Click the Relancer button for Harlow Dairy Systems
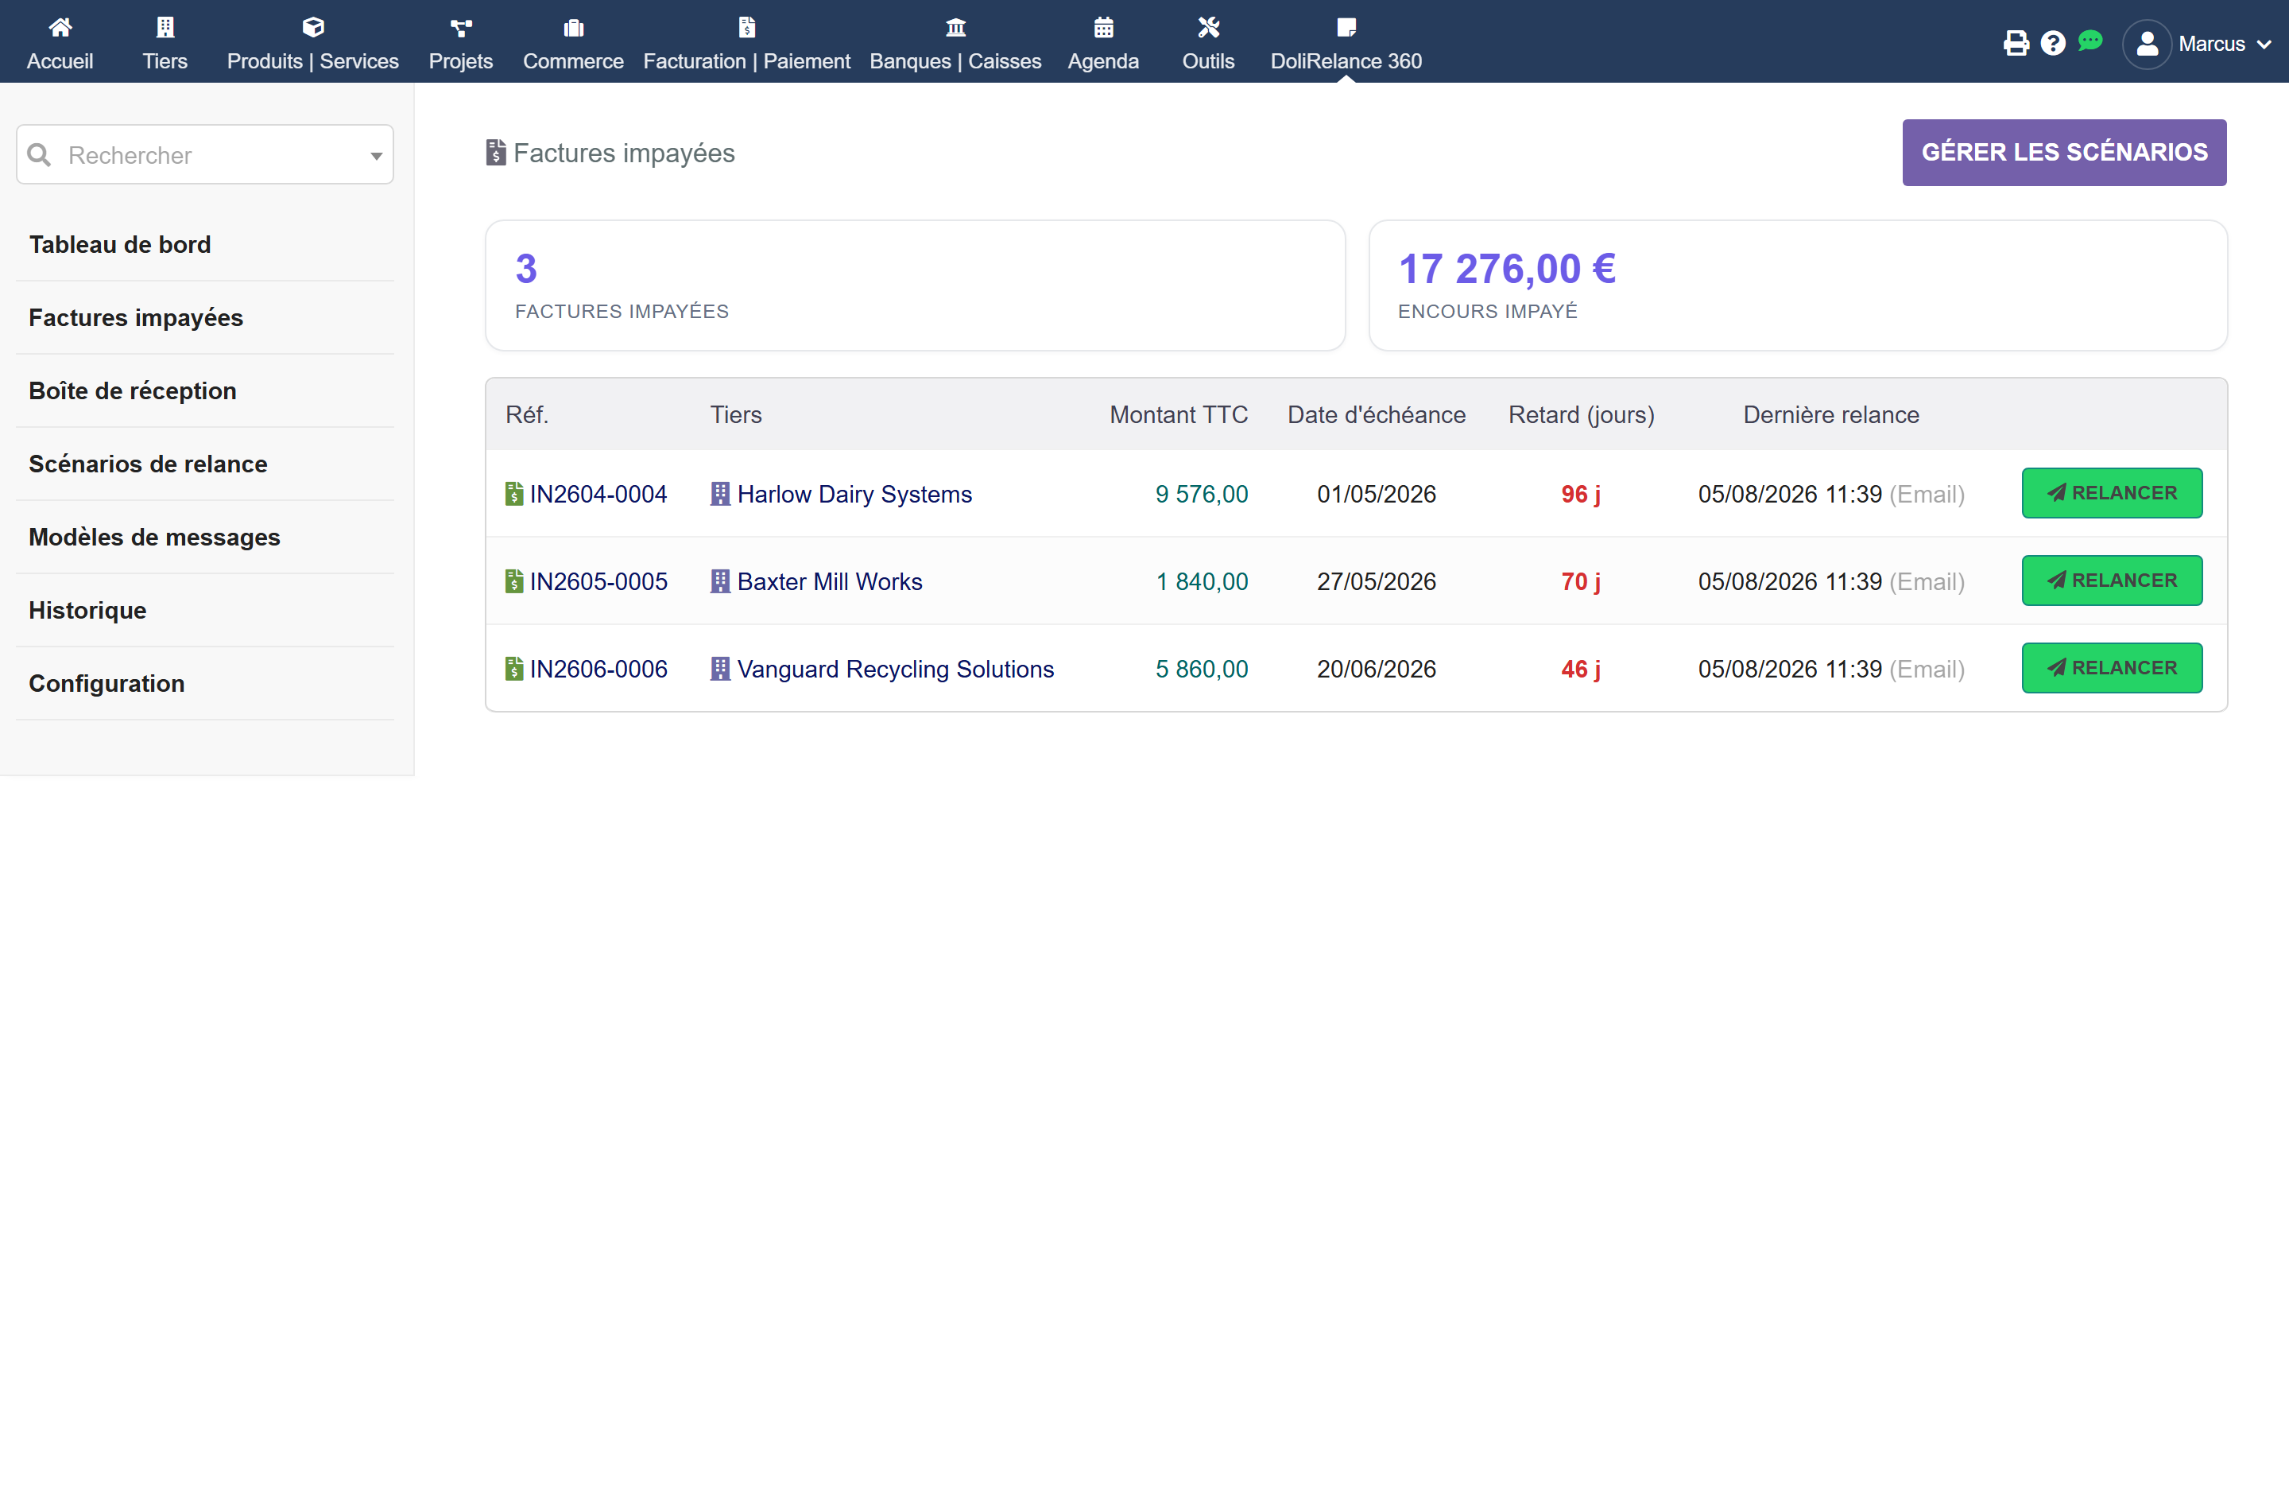[x=2111, y=492]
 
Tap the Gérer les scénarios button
[x=2064, y=152]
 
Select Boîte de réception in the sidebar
[x=133, y=390]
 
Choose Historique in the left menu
[x=87, y=610]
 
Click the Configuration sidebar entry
[x=107, y=683]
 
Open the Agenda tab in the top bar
[x=1103, y=45]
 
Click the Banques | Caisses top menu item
[x=955, y=45]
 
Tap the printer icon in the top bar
[x=2016, y=43]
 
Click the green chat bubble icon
[x=2090, y=41]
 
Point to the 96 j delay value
[x=1580, y=494]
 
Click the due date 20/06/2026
[x=1377, y=669]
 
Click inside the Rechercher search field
[x=205, y=155]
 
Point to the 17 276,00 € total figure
[x=1507, y=269]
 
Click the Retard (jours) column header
[x=1581, y=414]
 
